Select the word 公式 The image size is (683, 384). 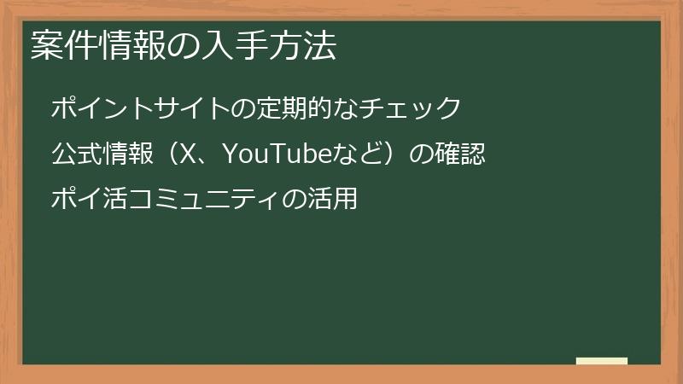(x=73, y=154)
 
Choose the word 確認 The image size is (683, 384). (x=460, y=154)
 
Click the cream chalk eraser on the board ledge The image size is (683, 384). (x=602, y=362)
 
